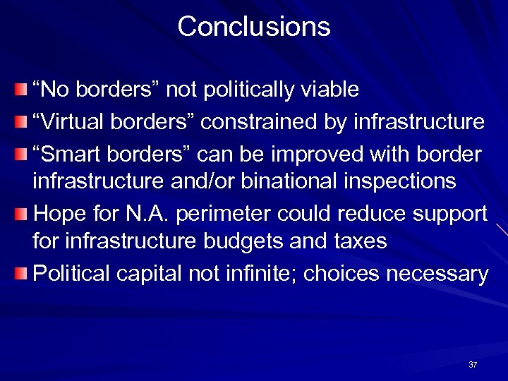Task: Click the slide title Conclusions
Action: [x=254, y=27]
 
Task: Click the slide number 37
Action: [x=473, y=365]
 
